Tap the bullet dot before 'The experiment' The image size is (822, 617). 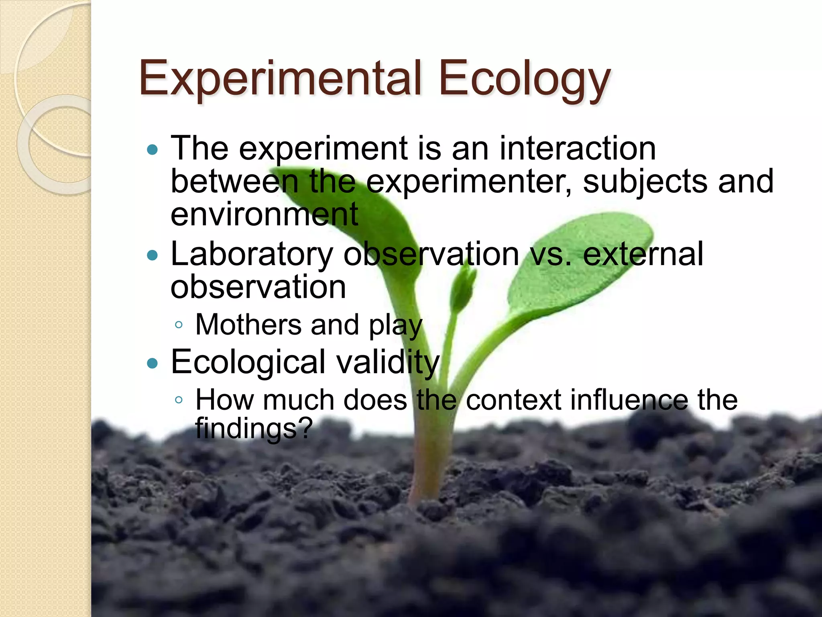pos(153,150)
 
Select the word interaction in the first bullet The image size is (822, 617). pos(578,149)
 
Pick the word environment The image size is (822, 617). pos(264,215)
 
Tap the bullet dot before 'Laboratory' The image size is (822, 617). pos(153,255)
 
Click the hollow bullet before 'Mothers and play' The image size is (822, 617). pos(179,325)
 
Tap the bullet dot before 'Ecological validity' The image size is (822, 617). pos(153,363)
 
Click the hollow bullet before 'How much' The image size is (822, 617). pos(179,400)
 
